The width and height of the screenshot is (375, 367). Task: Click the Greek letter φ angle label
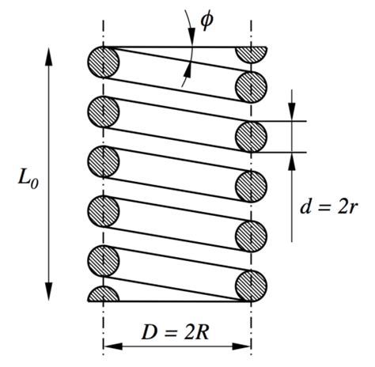pos(206,19)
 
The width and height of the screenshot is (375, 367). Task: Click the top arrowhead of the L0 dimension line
pos(50,54)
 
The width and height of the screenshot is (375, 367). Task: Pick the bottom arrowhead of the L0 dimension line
pos(50,293)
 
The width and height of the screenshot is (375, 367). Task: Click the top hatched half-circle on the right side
pos(252,54)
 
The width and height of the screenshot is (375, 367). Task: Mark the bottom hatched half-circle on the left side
pos(103,294)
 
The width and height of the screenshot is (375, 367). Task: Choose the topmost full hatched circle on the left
pos(103,62)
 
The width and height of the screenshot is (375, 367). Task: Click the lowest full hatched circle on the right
pos(252,284)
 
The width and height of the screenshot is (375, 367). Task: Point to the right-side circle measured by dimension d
pos(252,136)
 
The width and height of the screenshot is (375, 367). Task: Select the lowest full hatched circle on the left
pos(103,259)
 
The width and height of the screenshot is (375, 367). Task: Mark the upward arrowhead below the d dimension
pos(292,158)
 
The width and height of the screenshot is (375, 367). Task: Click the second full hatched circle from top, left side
pos(103,112)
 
